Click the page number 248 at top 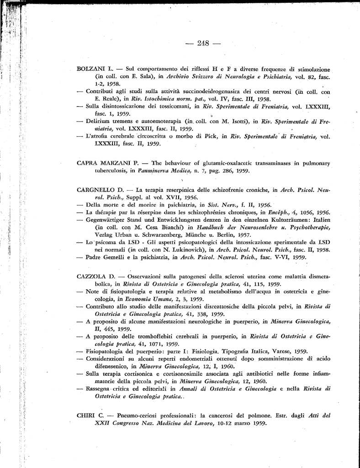(x=203, y=43)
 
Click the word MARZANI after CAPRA (x=119, y=163)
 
